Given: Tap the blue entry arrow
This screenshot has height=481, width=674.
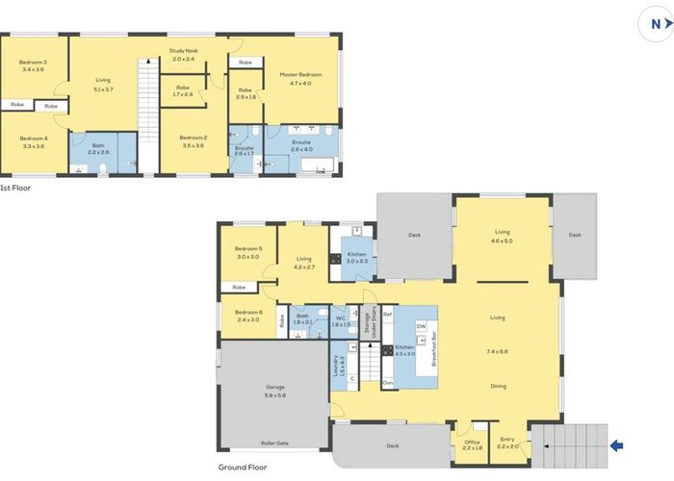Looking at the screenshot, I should pyautogui.click(x=617, y=444).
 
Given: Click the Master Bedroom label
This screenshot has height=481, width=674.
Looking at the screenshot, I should pyautogui.click(x=301, y=74).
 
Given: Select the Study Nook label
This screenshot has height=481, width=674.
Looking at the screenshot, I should pyautogui.click(x=183, y=50).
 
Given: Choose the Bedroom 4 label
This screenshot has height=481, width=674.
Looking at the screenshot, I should pyautogui.click(x=33, y=138).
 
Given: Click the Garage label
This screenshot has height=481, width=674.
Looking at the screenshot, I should pyautogui.click(x=275, y=388).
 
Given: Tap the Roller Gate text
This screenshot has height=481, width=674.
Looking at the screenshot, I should pyautogui.click(x=275, y=443).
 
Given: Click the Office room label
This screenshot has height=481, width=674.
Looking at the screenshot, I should pyautogui.click(x=472, y=443).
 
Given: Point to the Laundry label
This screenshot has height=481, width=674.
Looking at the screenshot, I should pyautogui.click(x=338, y=365).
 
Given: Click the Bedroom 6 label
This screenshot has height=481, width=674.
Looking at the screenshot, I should pyautogui.click(x=248, y=312).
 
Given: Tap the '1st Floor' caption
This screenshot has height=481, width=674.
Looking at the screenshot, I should pyautogui.click(x=15, y=188).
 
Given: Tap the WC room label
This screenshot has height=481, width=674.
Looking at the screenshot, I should pyautogui.click(x=340, y=318).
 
